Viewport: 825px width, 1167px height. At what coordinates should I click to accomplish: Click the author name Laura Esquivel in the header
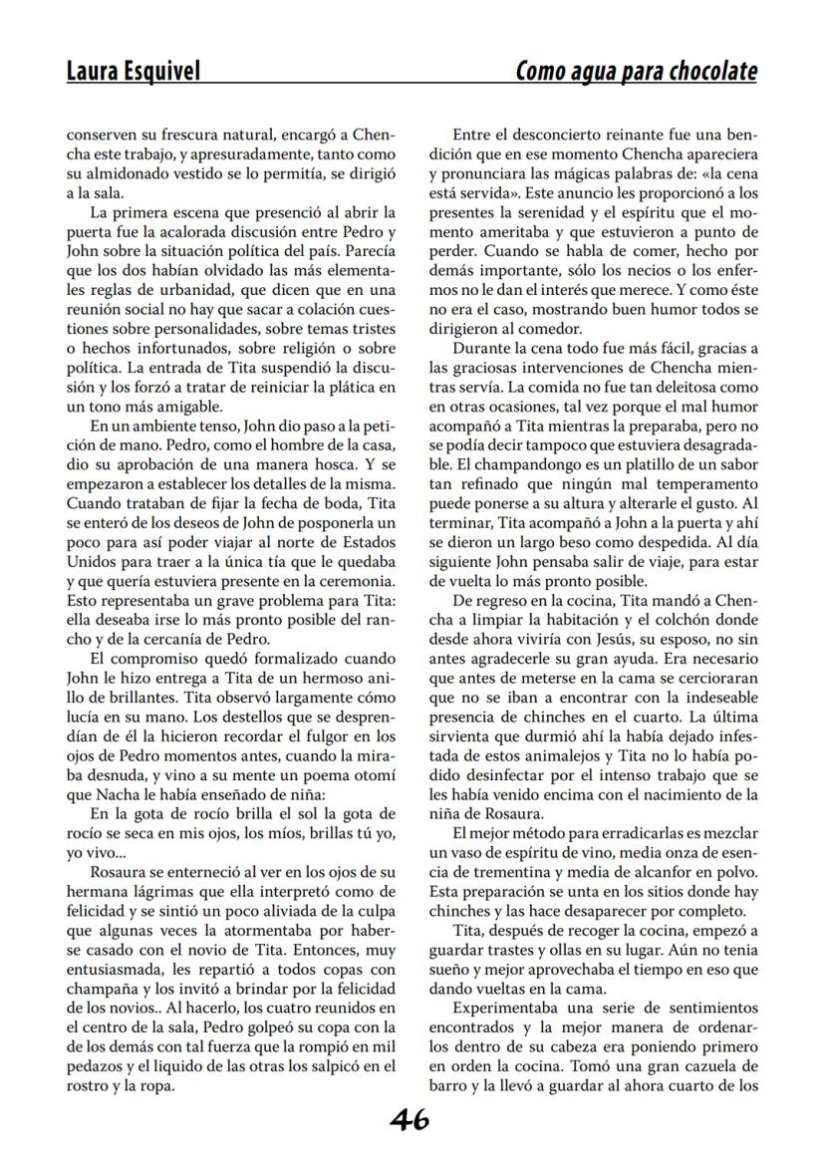click(133, 71)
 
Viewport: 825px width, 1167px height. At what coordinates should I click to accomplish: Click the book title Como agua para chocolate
click(636, 71)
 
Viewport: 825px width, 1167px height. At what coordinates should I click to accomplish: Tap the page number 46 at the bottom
click(410, 1121)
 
